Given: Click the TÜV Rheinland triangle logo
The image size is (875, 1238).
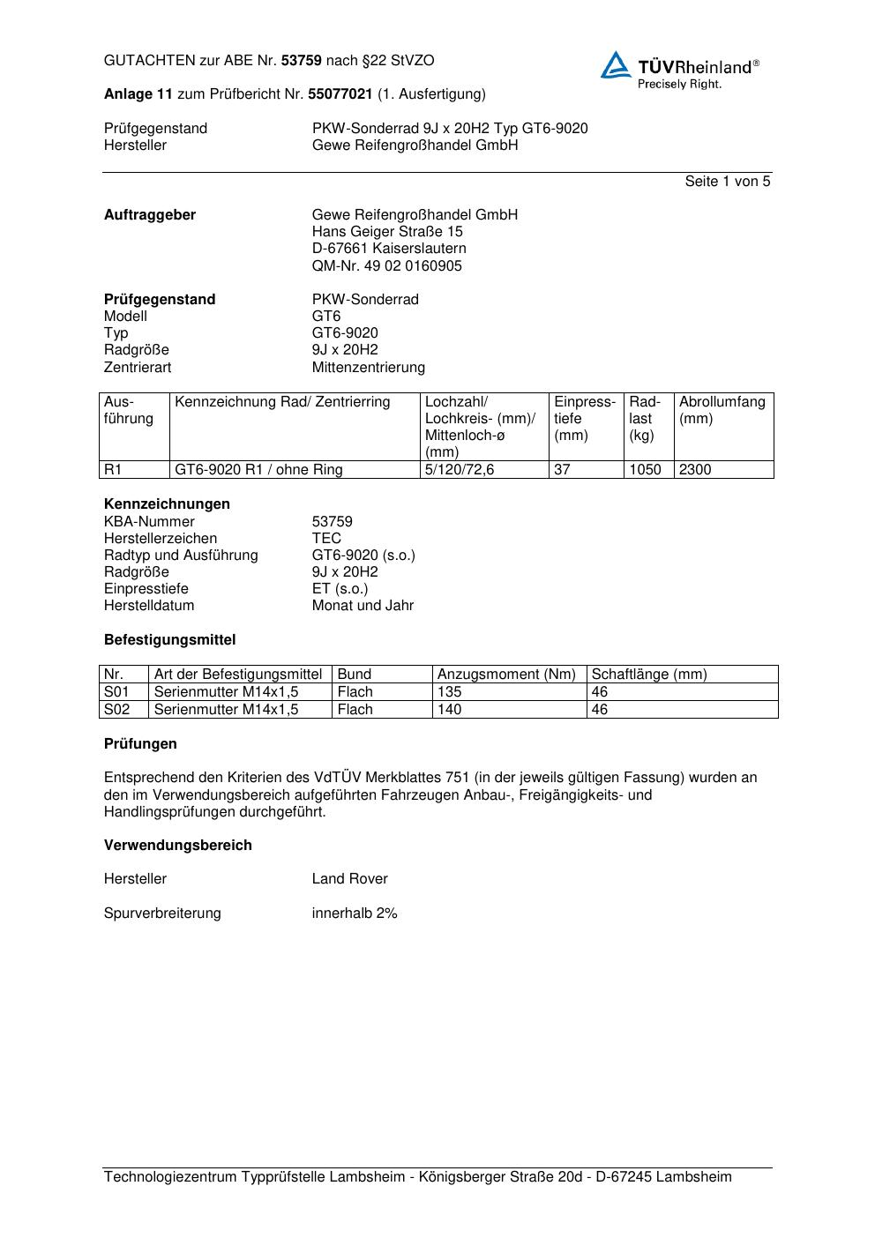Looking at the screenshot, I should click(616, 65).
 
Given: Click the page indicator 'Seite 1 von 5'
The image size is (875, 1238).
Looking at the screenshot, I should click(727, 182).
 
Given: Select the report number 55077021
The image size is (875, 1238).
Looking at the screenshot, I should click(340, 94).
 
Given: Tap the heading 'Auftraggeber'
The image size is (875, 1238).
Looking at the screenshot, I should click(150, 215).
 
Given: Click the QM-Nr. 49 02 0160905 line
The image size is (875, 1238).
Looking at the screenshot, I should click(386, 266).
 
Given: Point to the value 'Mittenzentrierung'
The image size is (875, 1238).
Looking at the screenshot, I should click(368, 368).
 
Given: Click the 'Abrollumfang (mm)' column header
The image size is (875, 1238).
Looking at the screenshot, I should click(722, 410).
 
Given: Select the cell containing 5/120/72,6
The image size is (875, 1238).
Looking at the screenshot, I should click(460, 470).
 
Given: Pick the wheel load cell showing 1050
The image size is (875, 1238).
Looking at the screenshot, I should click(645, 470).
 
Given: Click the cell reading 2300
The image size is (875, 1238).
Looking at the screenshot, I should click(695, 470).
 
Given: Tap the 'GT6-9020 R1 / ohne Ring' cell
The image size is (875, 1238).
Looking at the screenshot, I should click(258, 470).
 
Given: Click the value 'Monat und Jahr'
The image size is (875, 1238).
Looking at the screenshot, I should click(363, 606).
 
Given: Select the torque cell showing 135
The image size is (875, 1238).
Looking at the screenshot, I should click(450, 692).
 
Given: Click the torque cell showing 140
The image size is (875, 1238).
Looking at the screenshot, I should click(450, 710).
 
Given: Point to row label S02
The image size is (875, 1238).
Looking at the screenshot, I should click(116, 710).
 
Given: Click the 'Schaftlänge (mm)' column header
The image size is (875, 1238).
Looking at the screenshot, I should click(649, 675).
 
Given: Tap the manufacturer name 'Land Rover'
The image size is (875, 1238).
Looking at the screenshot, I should click(349, 879).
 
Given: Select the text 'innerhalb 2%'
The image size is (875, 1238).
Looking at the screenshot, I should click(355, 914).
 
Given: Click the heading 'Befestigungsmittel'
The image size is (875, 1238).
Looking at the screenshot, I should click(169, 640).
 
